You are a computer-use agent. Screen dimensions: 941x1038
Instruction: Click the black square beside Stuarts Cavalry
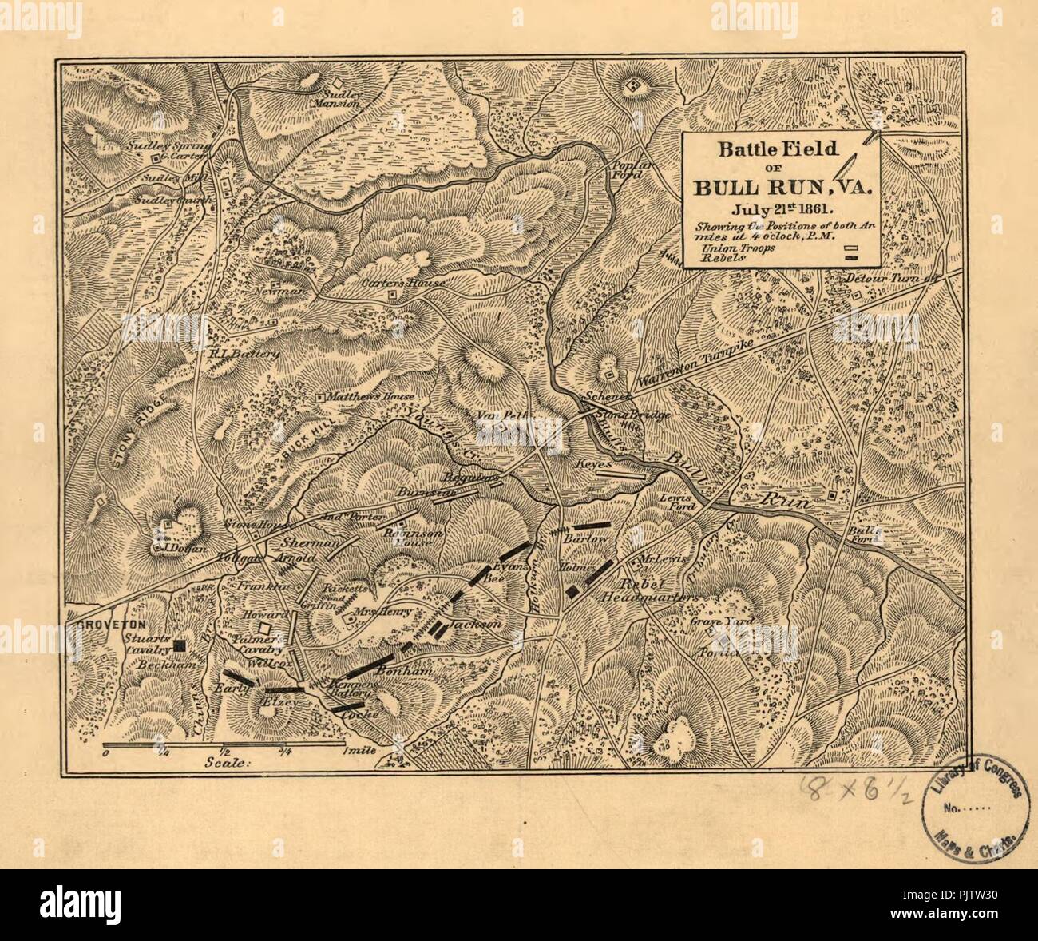click(180, 644)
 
